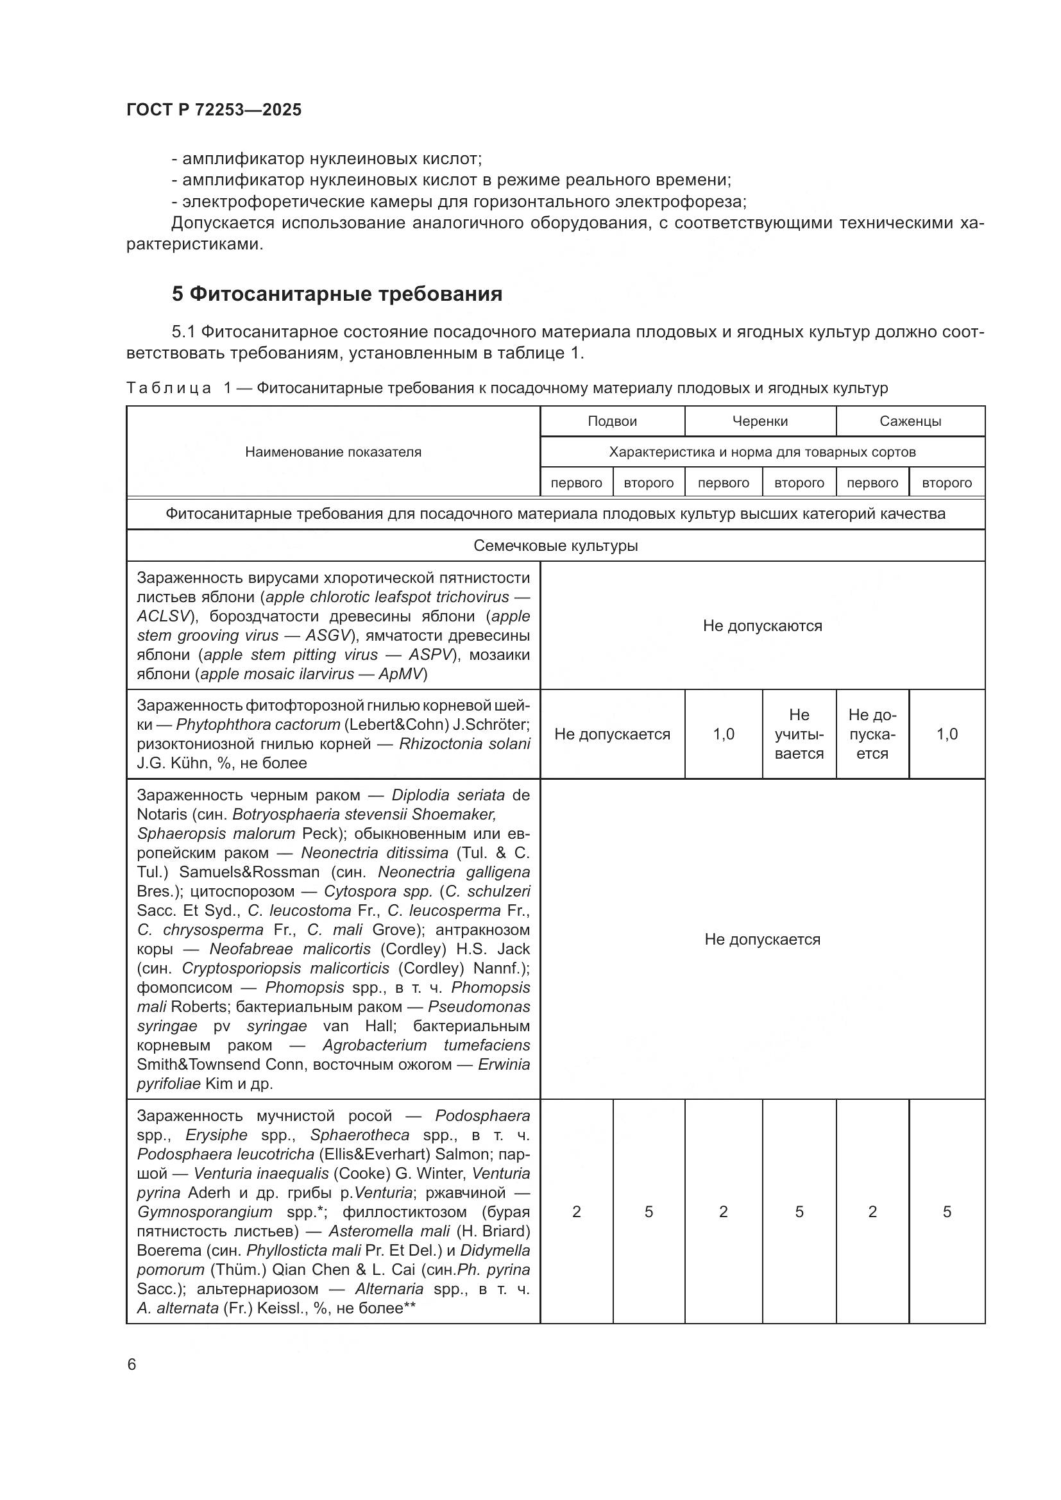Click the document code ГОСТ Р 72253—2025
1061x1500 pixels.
point(214,110)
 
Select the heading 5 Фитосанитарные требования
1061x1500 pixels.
point(337,294)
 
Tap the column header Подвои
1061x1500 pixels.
point(611,421)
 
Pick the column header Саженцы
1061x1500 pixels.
point(910,421)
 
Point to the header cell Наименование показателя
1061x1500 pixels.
point(332,452)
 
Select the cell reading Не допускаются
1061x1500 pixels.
point(762,626)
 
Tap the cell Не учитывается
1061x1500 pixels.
point(799,734)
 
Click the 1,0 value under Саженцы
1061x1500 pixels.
point(946,734)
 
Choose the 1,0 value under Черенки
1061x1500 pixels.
point(723,734)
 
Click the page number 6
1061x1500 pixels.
point(132,1365)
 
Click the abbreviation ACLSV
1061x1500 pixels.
point(164,616)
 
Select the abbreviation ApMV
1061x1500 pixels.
point(402,674)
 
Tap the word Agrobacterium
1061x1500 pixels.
point(374,1045)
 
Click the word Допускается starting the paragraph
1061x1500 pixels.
point(222,223)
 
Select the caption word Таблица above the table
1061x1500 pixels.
point(169,388)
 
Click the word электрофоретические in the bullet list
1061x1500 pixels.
point(270,201)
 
